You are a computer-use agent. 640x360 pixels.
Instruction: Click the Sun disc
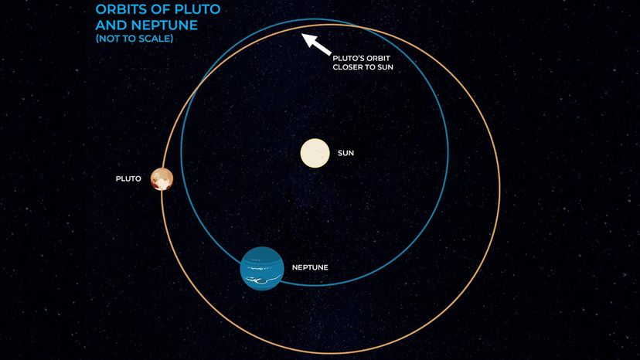[x=315, y=153]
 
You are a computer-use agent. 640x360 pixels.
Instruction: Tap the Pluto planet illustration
[x=162, y=178]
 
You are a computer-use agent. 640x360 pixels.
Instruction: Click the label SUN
[x=346, y=153]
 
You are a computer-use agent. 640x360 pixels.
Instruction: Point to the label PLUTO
[x=128, y=178]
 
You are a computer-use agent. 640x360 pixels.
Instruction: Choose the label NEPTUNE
[x=310, y=267]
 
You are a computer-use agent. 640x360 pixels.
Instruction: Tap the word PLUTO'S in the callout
[x=349, y=57]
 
